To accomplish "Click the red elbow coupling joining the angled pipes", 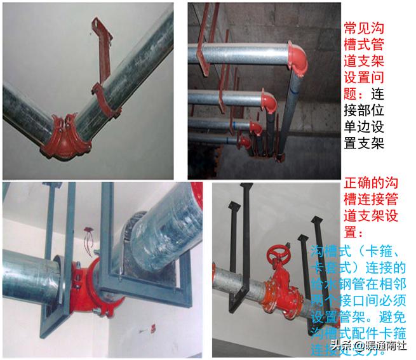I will click(x=64, y=135).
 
